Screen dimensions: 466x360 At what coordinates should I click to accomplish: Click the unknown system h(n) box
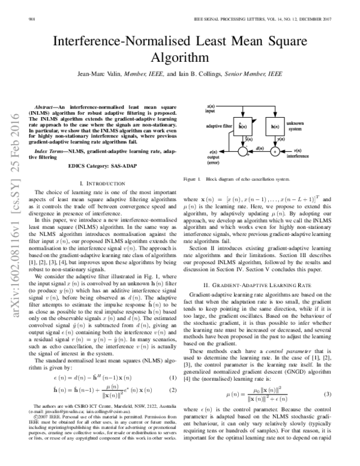tap(276, 127)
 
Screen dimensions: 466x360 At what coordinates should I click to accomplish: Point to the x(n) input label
tap(211, 109)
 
